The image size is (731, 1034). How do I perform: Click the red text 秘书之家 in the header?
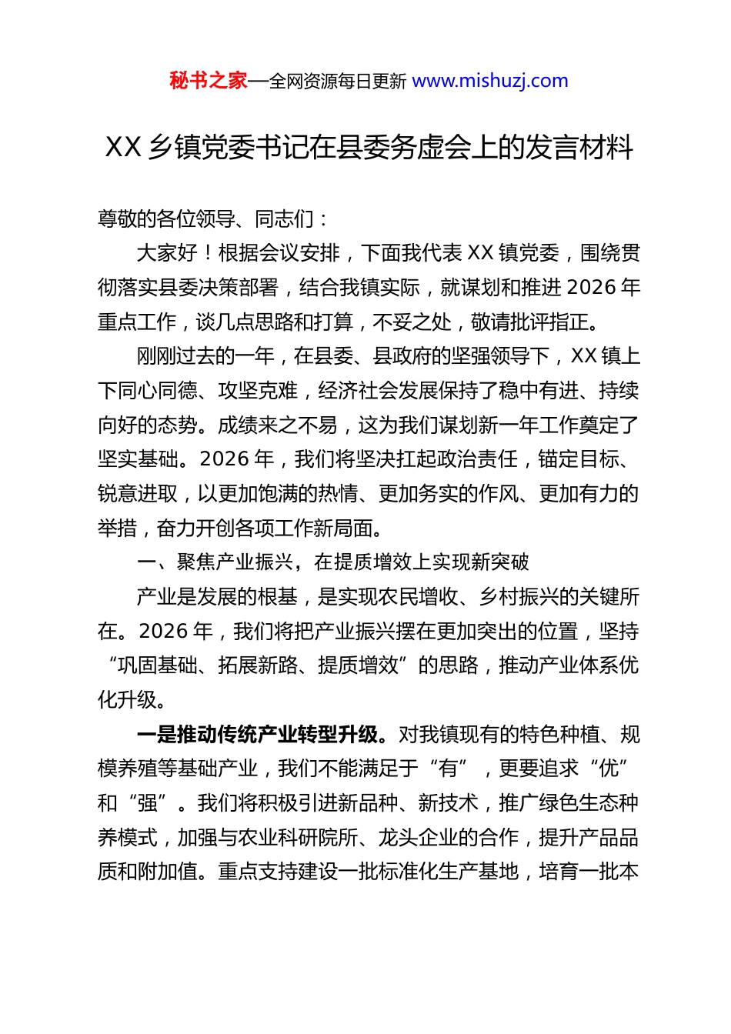point(209,81)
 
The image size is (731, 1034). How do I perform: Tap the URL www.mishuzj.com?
point(490,81)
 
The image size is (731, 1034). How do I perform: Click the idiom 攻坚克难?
point(258,391)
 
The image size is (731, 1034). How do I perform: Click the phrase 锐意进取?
point(138,494)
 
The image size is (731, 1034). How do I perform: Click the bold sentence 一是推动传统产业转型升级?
point(258,735)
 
